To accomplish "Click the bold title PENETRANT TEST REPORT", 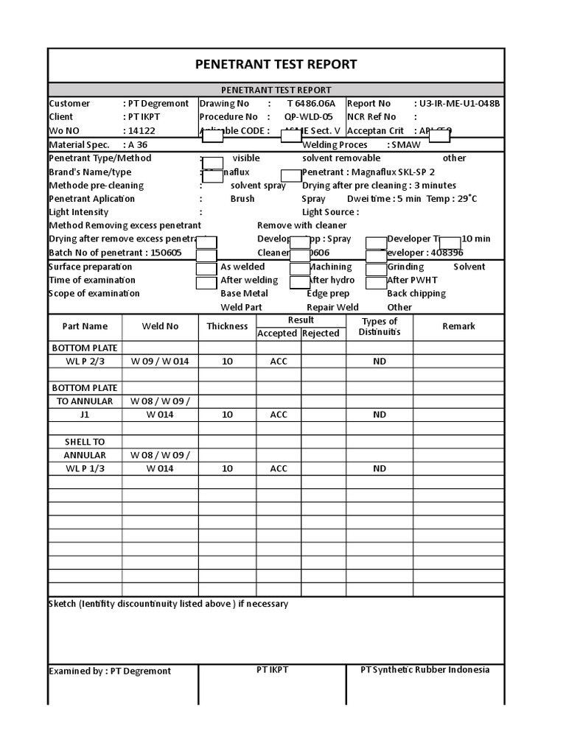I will (276, 64).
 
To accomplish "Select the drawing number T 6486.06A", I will (311, 104).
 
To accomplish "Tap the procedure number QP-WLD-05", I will (309, 117).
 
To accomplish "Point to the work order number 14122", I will (141, 131).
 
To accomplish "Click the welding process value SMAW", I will (406, 145).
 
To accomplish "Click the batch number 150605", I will (167, 253).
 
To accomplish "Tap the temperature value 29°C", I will (464, 199).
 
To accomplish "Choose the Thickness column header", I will (227, 326).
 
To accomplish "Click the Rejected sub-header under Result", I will (321, 334).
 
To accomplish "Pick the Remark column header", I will (458, 326).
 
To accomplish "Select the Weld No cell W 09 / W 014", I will (160, 362).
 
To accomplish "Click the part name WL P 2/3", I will (85, 362).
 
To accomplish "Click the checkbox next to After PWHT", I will (376, 281).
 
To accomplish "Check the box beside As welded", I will (206, 268).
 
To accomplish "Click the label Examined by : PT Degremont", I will (110, 671).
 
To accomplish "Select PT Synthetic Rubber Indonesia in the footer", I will (424, 669).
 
